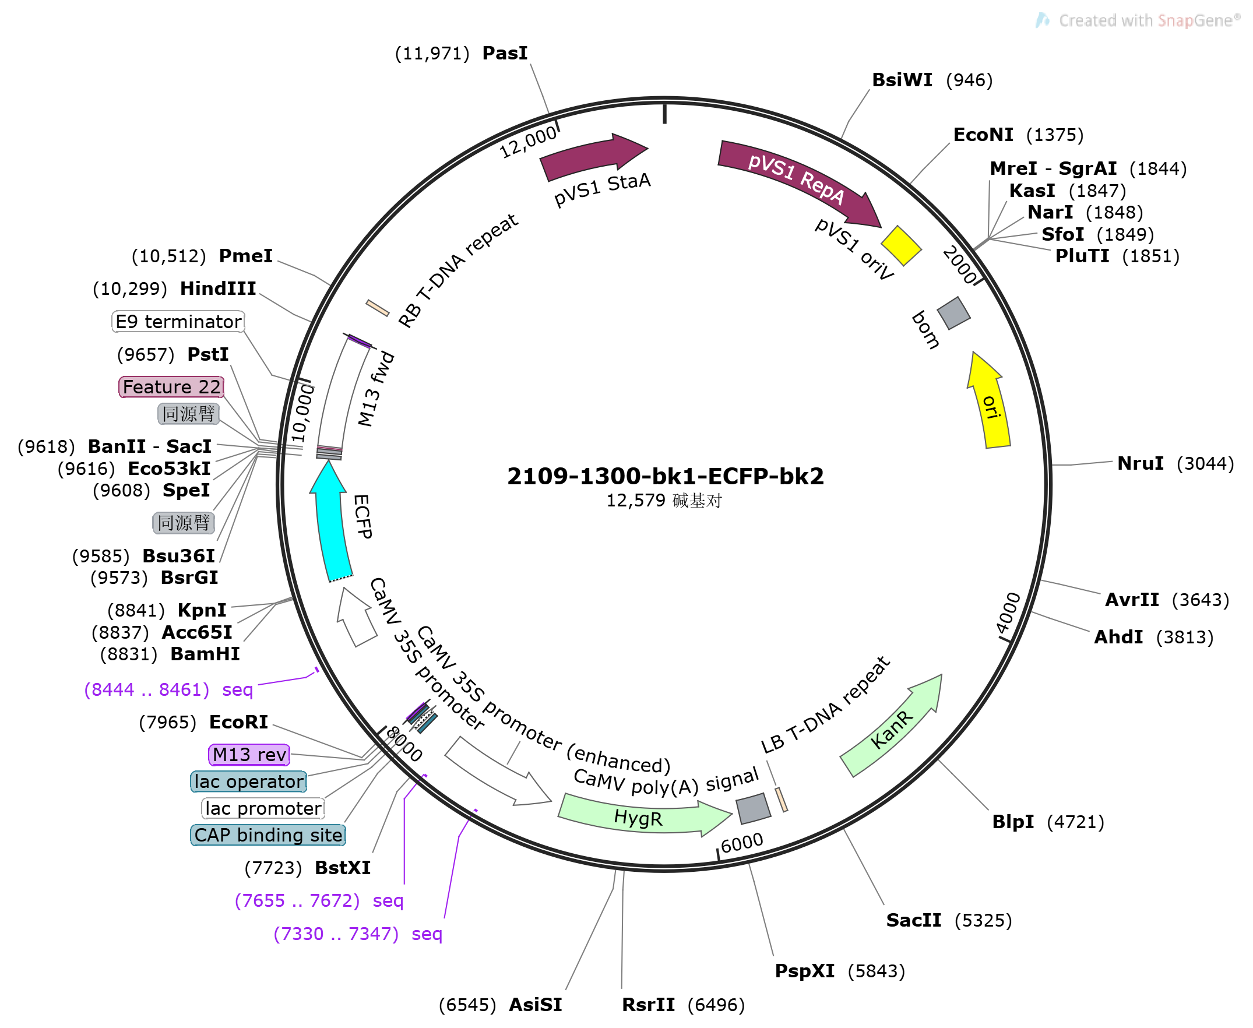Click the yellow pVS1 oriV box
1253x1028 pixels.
coord(900,246)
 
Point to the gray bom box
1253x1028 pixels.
coord(953,314)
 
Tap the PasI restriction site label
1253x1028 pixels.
coord(505,53)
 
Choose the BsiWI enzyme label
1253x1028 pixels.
coord(902,80)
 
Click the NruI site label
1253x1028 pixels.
coord(1141,464)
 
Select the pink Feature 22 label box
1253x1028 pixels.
coord(172,388)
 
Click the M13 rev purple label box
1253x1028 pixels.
coord(249,755)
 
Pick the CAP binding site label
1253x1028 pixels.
coord(268,836)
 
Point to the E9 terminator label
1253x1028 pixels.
coord(178,322)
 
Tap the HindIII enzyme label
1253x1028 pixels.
coord(218,289)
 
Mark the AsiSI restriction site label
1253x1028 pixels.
coord(536,1005)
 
